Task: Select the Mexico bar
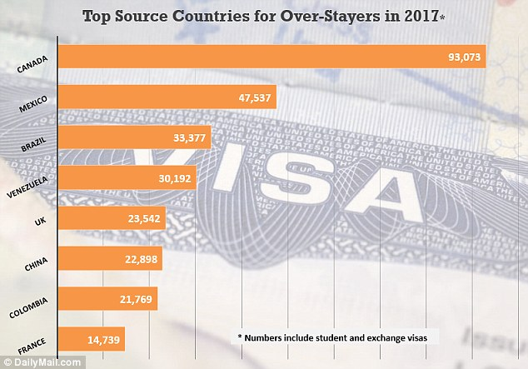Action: [142, 97]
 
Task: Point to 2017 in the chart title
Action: [419, 16]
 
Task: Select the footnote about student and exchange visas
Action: [338, 337]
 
